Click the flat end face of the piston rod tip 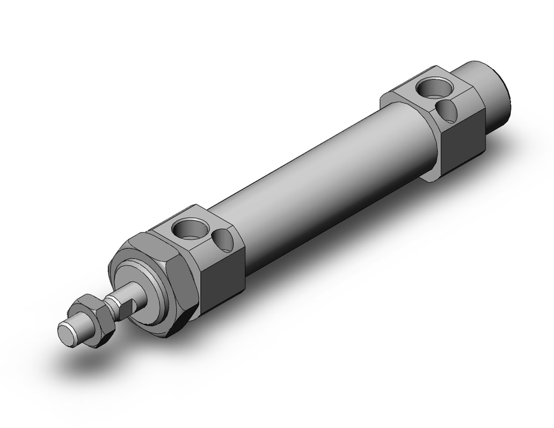pos(67,334)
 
